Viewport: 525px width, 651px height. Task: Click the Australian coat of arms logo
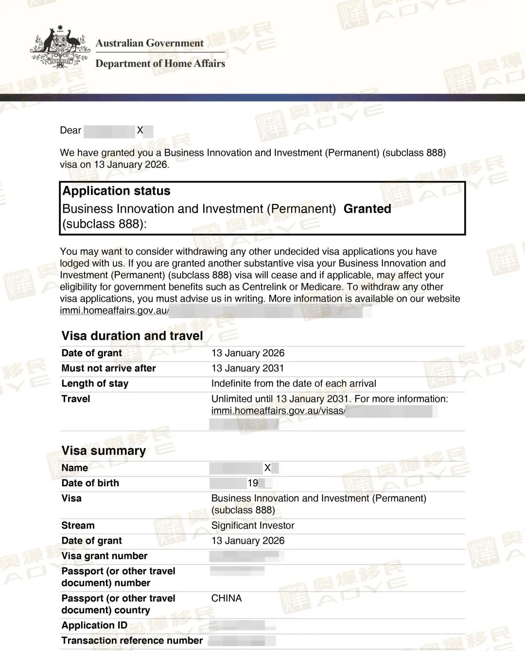click(x=60, y=47)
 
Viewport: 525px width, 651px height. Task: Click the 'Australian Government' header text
click(x=150, y=43)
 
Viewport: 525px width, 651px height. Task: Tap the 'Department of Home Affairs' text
click(x=160, y=64)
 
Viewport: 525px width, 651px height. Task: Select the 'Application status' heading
click(x=116, y=191)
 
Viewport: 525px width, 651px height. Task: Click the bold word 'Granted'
click(x=367, y=209)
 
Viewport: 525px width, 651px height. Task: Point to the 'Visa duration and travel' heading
click(x=132, y=336)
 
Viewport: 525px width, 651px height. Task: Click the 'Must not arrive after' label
click(x=108, y=368)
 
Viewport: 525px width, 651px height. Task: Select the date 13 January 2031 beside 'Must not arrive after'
click(x=247, y=368)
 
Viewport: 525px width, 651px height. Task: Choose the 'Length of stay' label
click(x=95, y=384)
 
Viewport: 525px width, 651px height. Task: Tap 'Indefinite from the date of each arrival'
click(x=294, y=384)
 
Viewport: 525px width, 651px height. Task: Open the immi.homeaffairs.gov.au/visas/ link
click(x=278, y=411)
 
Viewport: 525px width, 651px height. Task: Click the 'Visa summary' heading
click(x=104, y=451)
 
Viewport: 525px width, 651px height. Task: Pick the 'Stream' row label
click(x=78, y=525)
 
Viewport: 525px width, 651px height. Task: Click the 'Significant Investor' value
click(x=253, y=525)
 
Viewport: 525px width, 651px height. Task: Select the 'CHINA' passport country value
click(x=226, y=598)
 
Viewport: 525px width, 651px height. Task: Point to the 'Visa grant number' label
click(x=104, y=556)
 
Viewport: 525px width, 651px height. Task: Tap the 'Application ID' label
click(x=94, y=625)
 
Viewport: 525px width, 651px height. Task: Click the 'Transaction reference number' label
click(x=132, y=640)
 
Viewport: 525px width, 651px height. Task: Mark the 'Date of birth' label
click(x=90, y=483)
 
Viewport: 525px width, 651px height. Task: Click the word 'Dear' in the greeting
click(x=70, y=130)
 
